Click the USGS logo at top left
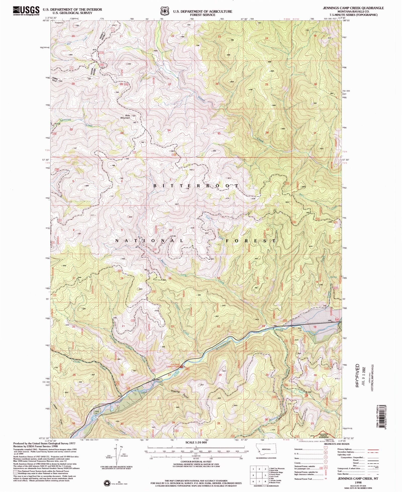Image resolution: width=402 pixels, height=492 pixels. coord(26,11)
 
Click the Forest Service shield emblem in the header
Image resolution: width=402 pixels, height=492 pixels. coord(165,11)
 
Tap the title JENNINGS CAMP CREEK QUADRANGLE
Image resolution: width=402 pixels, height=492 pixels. coord(353,8)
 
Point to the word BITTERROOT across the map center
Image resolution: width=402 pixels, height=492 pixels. coord(196,186)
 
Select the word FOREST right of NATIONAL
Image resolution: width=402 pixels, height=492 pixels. coord(250,241)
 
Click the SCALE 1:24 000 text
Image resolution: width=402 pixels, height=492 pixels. coord(196,442)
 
